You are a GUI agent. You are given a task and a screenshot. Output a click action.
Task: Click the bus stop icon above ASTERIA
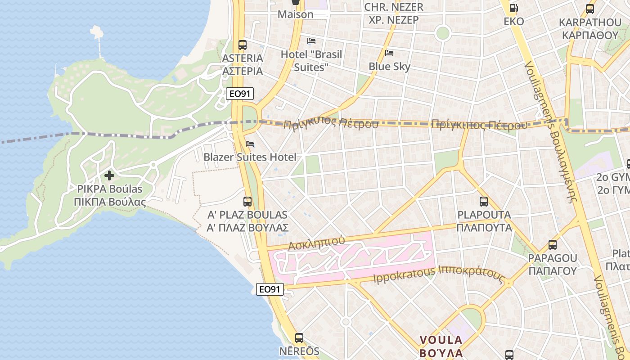(x=243, y=45)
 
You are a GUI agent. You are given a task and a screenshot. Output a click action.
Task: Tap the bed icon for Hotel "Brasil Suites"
(x=311, y=41)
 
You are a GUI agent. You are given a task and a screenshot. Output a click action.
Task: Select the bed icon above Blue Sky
(x=389, y=53)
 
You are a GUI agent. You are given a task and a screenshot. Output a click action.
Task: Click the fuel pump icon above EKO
(x=513, y=8)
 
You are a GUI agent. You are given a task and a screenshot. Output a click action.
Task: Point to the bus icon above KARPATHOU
(x=589, y=9)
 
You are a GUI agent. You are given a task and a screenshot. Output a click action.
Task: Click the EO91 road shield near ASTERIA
(x=240, y=94)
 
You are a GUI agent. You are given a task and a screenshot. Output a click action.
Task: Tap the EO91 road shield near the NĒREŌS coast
(x=270, y=289)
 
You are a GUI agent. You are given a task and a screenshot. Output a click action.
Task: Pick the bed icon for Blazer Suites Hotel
(x=250, y=144)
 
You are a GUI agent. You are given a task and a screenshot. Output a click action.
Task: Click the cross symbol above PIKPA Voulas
(x=109, y=175)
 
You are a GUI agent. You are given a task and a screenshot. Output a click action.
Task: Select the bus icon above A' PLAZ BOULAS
(x=247, y=201)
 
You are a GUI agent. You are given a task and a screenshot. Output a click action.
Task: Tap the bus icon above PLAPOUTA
(x=484, y=202)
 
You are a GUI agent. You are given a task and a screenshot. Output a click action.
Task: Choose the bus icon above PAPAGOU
(x=552, y=245)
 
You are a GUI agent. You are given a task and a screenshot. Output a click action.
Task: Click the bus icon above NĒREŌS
(x=299, y=337)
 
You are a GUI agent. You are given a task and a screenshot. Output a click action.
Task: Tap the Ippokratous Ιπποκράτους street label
(x=438, y=274)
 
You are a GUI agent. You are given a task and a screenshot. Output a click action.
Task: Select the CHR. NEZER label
(x=393, y=7)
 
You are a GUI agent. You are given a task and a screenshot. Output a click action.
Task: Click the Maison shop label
(x=295, y=14)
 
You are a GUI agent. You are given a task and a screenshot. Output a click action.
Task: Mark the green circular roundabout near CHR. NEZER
(x=443, y=33)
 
